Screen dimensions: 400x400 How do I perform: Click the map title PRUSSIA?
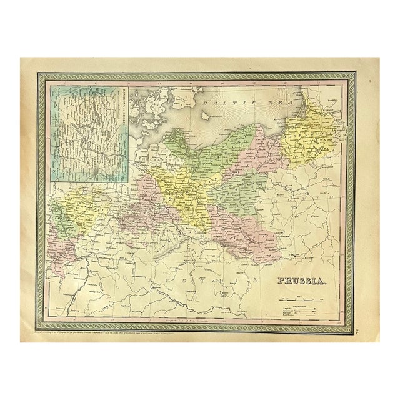[296, 282]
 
